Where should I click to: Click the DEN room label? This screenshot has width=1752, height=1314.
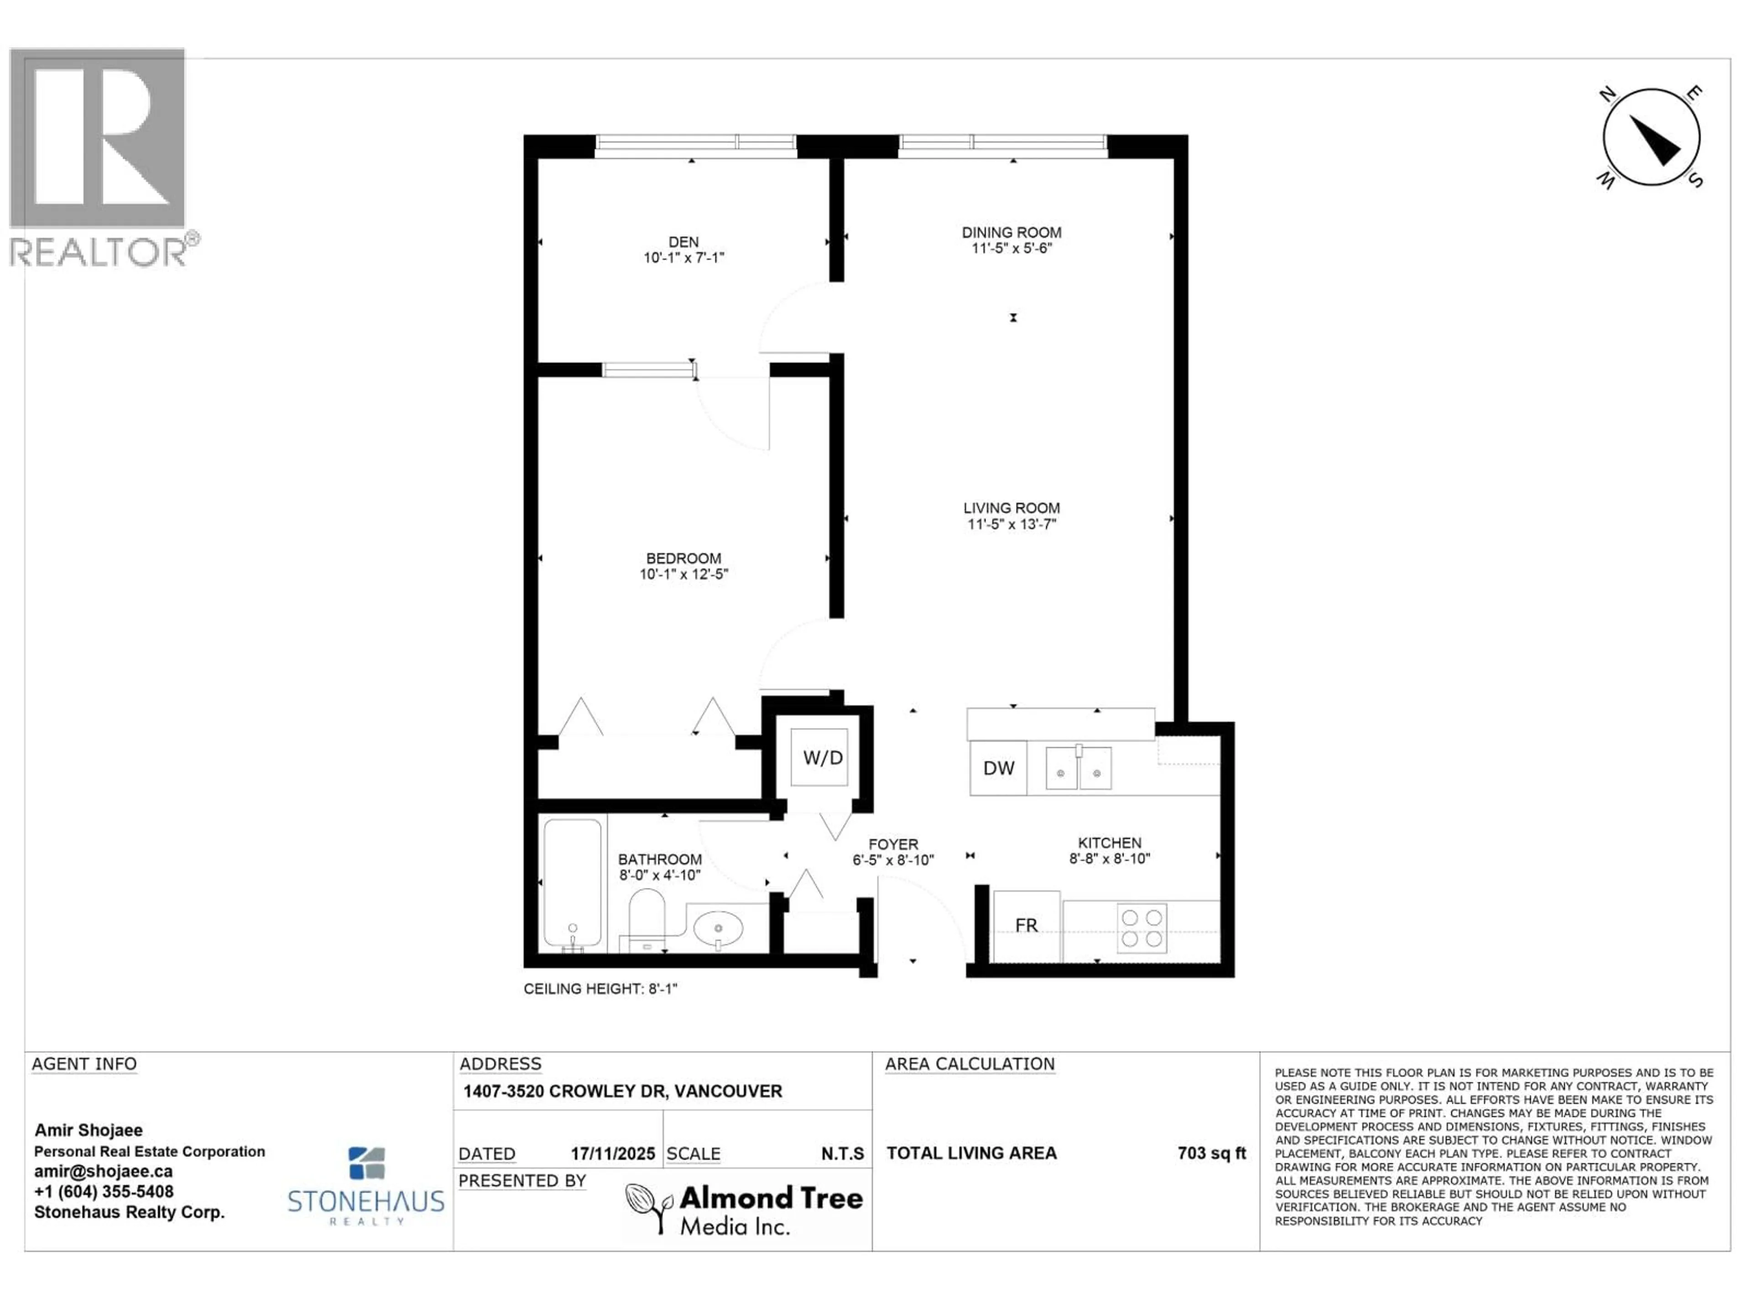coord(683,241)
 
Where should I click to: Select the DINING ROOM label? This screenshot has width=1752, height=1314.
coord(1012,232)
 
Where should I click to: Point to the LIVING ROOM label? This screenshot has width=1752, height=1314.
coord(1012,508)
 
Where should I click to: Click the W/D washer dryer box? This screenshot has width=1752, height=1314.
coord(821,758)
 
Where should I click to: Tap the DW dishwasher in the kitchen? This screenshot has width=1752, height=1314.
coord(998,767)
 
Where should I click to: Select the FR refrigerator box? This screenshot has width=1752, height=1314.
coord(1026,925)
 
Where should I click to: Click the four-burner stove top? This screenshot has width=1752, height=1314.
coord(1142,928)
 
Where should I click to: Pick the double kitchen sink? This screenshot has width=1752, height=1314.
coord(1078,768)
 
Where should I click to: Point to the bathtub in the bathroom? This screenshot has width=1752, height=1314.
coord(572,884)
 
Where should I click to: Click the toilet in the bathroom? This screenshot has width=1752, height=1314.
coord(647,917)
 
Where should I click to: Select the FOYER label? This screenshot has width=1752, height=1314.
coord(892,845)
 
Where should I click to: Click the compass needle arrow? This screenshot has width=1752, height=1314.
coord(1654,140)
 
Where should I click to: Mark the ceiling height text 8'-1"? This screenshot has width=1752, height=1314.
coord(600,989)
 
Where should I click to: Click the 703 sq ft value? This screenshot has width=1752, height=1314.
coord(1211,1153)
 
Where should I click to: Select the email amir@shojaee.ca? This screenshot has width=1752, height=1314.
coord(103,1172)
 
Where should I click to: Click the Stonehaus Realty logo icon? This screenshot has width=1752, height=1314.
coord(367,1163)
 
